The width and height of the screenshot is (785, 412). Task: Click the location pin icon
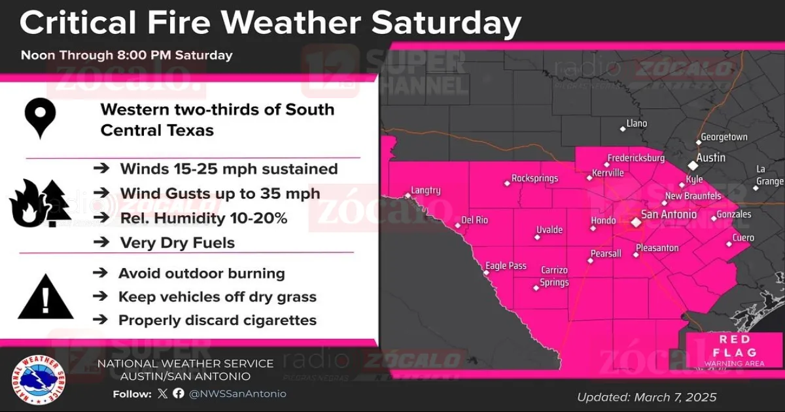(x=40, y=117)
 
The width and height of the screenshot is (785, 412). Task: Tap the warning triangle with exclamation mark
(x=45, y=297)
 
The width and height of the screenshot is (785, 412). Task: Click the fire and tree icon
(x=39, y=203)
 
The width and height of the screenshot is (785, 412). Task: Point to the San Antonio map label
(x=668, y=214)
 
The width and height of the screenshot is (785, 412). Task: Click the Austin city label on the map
(x=710, y=158)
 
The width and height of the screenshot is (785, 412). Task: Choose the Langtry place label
(x=425, y=191)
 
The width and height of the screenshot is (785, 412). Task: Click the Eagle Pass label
(x=505, y=266)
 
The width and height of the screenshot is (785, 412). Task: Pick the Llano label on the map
(x=637, y=123)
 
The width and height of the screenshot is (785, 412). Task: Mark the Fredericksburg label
(x=636, y=158)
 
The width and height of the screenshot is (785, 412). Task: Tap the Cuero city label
(x=743, y=238)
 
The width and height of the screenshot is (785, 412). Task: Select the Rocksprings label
(x=534, y=178)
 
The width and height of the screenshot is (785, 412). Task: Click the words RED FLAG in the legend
(x=734, y=347)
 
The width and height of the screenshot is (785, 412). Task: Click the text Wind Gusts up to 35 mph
(x=220, y=194)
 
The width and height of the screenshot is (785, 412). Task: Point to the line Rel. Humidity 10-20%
(x=203, y=218)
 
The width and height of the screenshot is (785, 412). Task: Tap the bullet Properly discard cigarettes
(x=217, y=320)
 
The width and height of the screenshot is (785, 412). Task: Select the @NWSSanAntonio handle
(x=237, y=394)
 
